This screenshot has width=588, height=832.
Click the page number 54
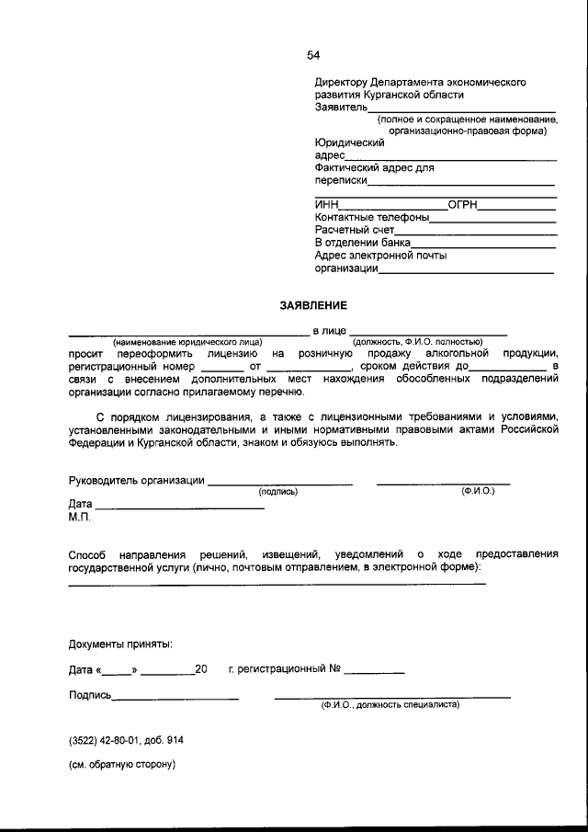[313, 55]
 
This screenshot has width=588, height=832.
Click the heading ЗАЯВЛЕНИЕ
[313, 304]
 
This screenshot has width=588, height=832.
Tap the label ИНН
[326, 205]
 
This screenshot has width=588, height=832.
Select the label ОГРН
[462, 205]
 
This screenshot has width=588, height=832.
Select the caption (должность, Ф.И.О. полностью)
[424, 343]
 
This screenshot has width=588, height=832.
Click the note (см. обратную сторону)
[121, 764]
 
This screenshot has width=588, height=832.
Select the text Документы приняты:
[119, 644]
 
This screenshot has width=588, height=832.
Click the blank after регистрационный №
[374, 673]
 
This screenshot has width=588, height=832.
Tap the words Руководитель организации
[136, 481]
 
